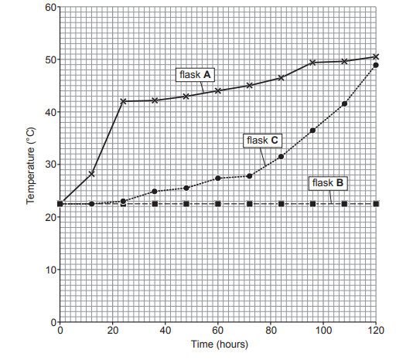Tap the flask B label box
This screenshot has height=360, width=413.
point(329,183)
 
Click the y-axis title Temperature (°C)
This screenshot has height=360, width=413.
point(31,166)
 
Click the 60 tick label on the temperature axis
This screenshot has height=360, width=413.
point(48,8)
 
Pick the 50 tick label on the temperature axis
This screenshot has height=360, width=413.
point(48,60)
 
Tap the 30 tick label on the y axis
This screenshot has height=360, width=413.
point(48,165)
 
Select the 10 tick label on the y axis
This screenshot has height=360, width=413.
point(48,270)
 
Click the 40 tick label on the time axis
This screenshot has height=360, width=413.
point(166,331)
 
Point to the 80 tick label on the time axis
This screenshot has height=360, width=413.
point(271,331)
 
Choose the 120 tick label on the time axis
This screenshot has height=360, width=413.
point(376,331)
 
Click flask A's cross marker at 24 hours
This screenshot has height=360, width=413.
point(123,101)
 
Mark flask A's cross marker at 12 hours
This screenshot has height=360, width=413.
point(91,174)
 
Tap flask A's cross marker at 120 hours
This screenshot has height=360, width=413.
point(376,56)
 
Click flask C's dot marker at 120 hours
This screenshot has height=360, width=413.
point(376,66)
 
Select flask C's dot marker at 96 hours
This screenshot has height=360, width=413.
point(312,131)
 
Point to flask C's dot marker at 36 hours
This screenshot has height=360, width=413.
point(155,191)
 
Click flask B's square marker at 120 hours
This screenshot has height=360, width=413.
point(376,204)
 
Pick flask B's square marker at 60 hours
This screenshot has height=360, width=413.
point(218,204)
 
